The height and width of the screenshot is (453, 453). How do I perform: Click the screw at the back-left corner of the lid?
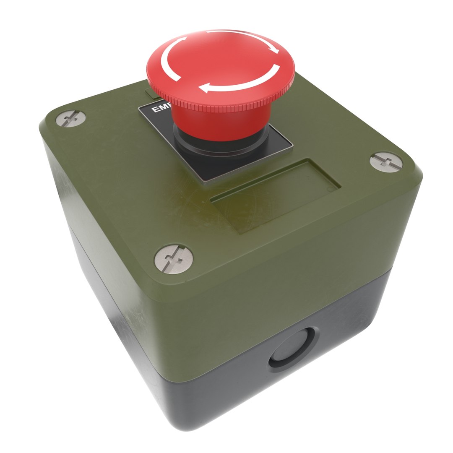(x=71, y=118)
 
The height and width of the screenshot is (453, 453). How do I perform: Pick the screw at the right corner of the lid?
(x=386, y=162)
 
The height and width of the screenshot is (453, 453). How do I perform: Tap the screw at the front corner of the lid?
(x=174, y=259)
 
